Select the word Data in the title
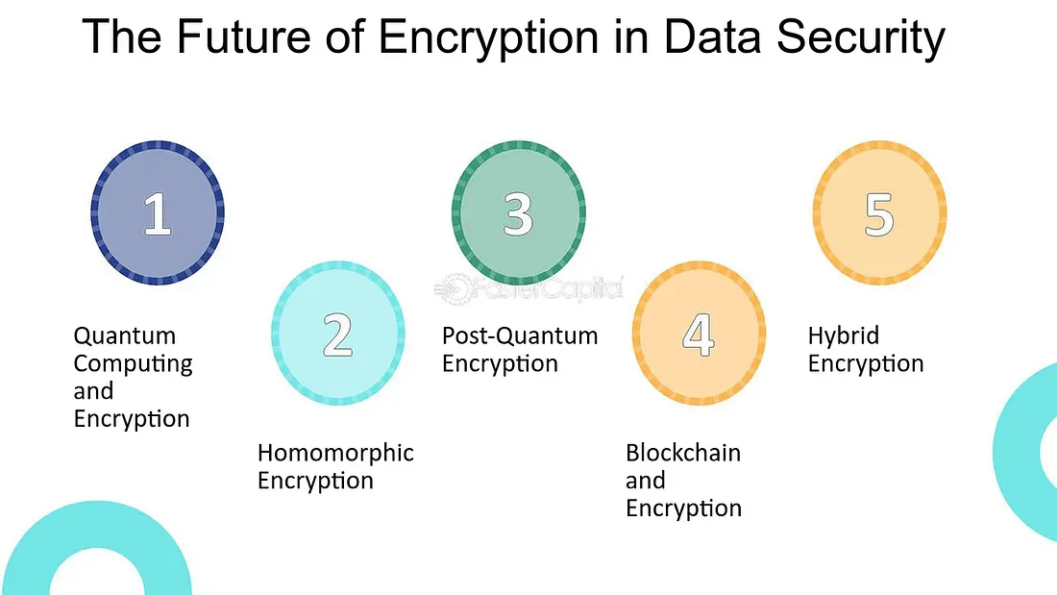click(713, 37)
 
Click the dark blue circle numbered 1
click(158, 212)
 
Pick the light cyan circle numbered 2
click(337, 334)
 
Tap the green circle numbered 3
click(518, 212)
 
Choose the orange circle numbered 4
click(699, 334)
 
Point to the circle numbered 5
click(879, 212)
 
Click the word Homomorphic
click(335, 453)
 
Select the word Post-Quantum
click(520, 336)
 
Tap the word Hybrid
click(844, 336)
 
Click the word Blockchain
click(683, 453)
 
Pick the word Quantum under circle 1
click(125, 336)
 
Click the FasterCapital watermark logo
click(528, 288)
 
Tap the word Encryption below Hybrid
click(866, 364)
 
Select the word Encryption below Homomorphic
click(315, 482)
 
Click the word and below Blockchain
click(645, 481)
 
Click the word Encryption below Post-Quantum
click(501, 364)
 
